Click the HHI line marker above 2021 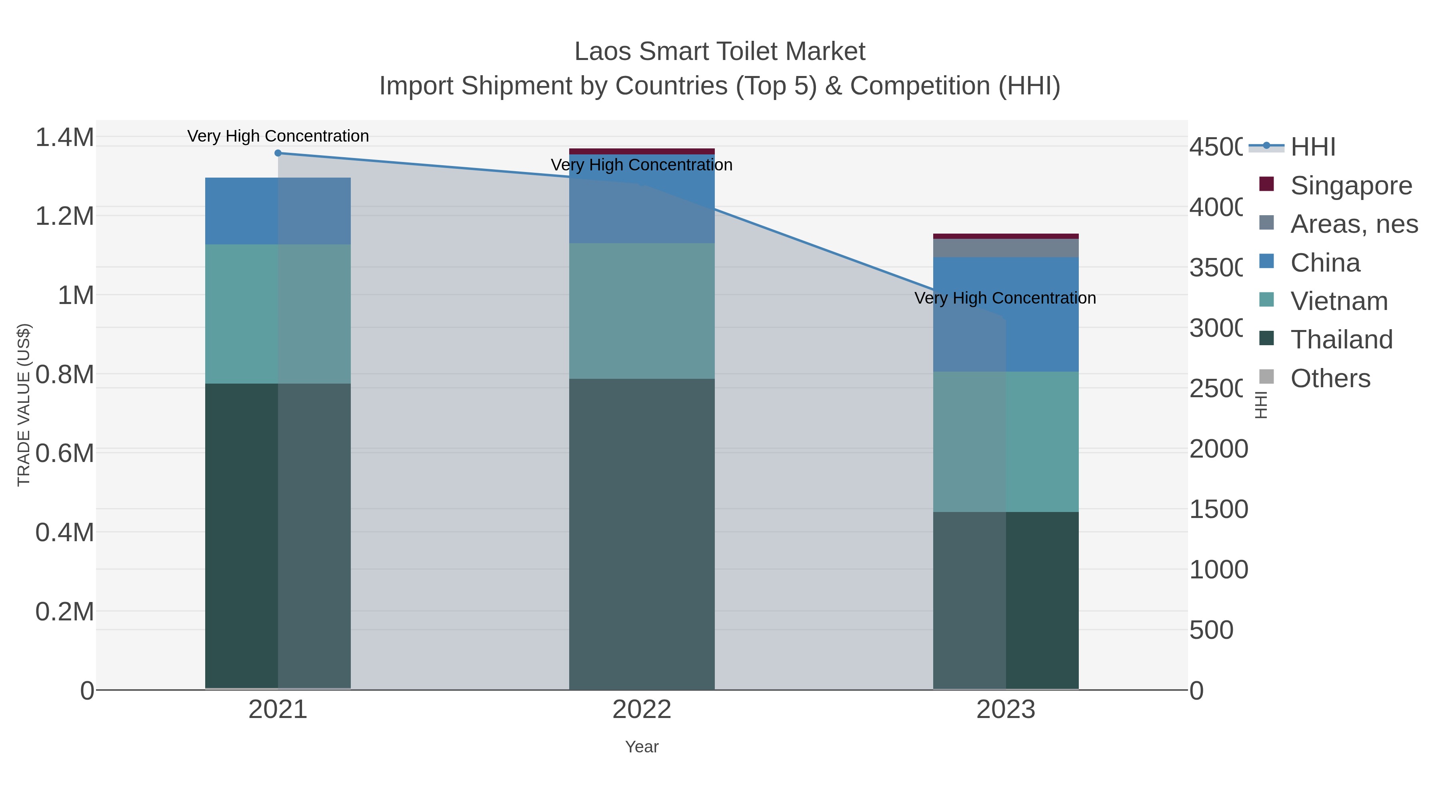click(278, 153)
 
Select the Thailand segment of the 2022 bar click(642, 534)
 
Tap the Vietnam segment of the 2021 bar click(278, 314)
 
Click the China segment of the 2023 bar click(1006, 314)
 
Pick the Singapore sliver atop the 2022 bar click(642, 151)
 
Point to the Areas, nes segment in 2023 click(1006, 248)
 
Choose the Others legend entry click(1330, 378)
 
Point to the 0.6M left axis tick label click(65, 453)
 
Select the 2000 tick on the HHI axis click(1219, 449)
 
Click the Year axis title click(642, 747)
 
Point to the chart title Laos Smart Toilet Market click(720, 52)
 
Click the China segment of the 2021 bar click(278, 211)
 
